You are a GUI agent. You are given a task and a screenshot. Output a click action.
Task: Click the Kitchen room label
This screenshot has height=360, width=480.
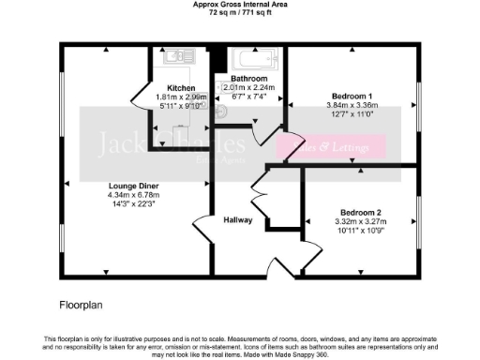[x=180, y=87]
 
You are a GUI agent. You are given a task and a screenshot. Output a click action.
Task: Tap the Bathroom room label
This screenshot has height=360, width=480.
[x=249, y=79]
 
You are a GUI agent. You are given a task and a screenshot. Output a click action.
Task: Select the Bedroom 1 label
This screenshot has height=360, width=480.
[x=352, y=96]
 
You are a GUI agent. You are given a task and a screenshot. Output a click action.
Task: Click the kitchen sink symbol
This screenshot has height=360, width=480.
[x=176, y=56]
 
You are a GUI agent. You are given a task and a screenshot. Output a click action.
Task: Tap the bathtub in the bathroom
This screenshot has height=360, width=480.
[x=250, y=57]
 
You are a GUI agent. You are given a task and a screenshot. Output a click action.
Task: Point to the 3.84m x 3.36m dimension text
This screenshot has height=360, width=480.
[x=352, y=105]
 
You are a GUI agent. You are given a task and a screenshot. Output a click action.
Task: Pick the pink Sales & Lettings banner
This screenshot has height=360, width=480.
[x=330, y=145]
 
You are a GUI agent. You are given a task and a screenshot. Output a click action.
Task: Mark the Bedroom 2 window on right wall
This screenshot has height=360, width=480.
[x=418, y=223]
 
